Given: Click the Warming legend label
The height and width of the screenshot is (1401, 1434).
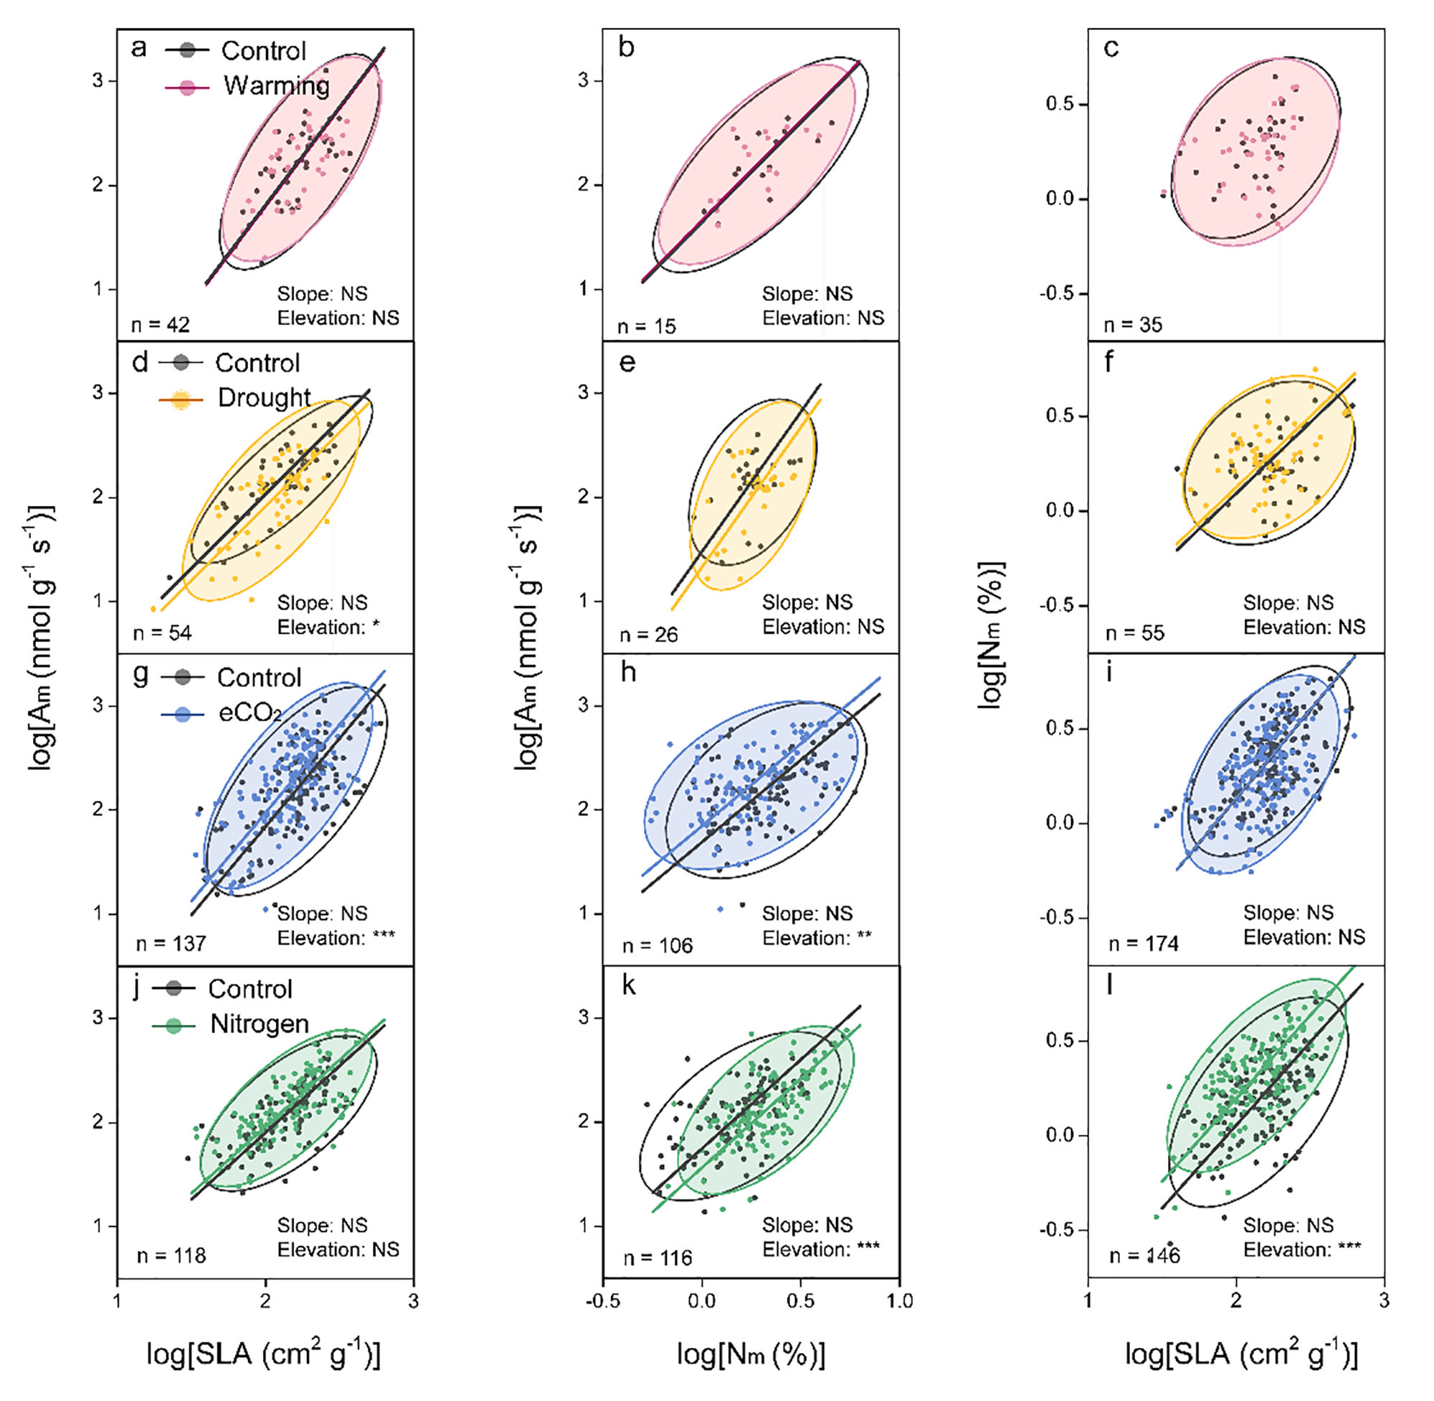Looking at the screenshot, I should coord(277,85).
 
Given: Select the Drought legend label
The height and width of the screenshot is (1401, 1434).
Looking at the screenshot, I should coord(264,397).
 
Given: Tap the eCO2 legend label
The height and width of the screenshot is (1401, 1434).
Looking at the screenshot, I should coord(250,712).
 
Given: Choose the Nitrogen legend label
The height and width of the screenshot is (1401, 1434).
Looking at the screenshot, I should coord(259,1024).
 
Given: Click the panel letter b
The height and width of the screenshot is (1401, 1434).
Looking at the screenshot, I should coord(626,48).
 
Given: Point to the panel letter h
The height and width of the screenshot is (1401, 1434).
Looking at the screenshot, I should coord(627,672).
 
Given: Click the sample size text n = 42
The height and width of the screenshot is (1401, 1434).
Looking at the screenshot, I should coord(161,325).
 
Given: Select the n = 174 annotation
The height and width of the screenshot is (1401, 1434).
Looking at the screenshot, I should coord(1144,944).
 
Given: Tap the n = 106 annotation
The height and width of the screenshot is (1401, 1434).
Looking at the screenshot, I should coord(657,946).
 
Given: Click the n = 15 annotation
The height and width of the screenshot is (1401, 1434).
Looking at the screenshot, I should coord(646,326).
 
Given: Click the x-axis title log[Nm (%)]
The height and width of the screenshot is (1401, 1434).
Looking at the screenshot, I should coord(751,1354).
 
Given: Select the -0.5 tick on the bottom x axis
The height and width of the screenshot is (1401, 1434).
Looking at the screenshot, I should coord(602,1301).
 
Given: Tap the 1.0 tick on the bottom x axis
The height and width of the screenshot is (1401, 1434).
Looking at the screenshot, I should coord(899,1301).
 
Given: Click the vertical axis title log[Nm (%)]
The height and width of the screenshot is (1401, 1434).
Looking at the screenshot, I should coord(990,635).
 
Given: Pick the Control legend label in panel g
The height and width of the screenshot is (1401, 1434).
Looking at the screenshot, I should coord(259,678).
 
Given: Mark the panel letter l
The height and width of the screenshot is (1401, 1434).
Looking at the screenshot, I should coord(1109,984).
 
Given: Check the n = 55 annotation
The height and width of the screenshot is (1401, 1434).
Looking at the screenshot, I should coord(1135,633).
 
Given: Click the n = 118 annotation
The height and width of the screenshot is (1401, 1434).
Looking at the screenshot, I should coord(171,1255).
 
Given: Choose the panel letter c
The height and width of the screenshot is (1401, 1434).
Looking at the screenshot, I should coord(1111,48).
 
